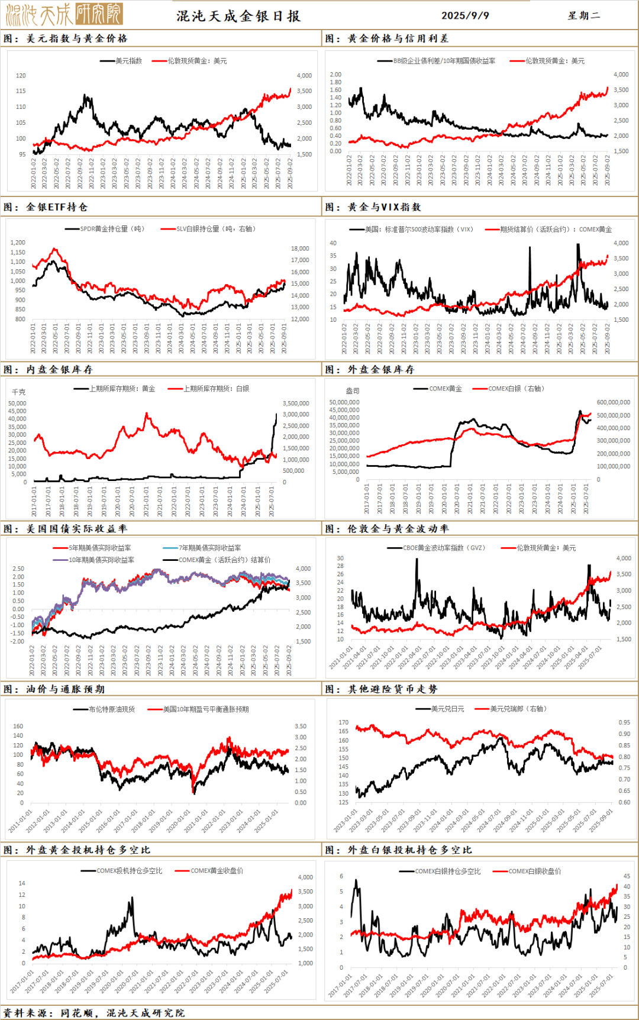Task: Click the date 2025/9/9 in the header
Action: coord(465,15)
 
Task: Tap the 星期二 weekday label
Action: coord(584,15)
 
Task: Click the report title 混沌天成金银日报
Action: coord(238,16)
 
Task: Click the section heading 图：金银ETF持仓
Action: coord(46,207)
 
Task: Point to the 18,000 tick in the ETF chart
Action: coord(300,248)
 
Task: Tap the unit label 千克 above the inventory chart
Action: coord(19,392)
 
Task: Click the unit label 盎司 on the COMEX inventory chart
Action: coord(353,391)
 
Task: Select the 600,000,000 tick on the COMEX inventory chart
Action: coord(613,402)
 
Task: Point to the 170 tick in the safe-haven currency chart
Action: coord(343,722)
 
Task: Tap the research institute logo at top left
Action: coord(64,14)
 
